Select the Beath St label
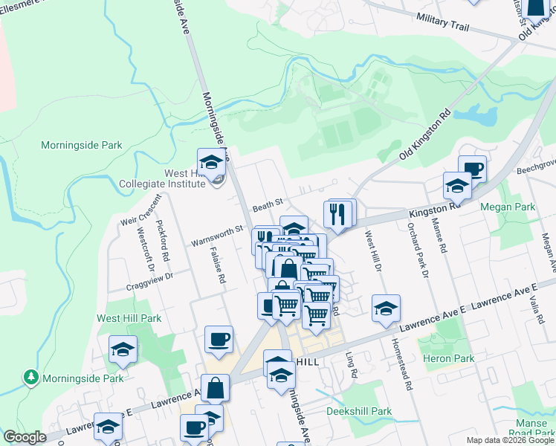coord(268,203)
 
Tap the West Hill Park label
coord(129,318)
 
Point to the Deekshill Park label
coord(359,411)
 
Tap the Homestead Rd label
coord(407,364)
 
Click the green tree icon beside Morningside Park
coord(30,378)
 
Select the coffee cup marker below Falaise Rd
coord(219,340)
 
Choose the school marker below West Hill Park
coord(123,349)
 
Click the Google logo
coord(25,437)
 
